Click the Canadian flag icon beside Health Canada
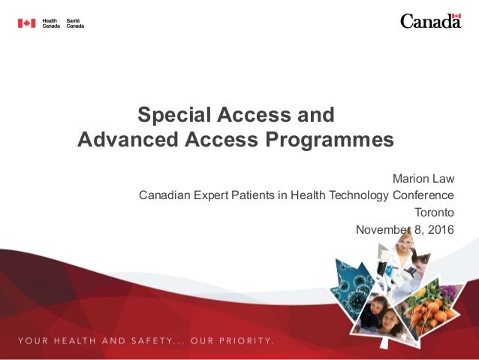[26, 23]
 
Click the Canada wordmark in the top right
[430, 21]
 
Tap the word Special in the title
[170, 116]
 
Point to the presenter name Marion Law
[423, 179]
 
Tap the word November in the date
[384, 229]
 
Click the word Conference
[423, 195]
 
